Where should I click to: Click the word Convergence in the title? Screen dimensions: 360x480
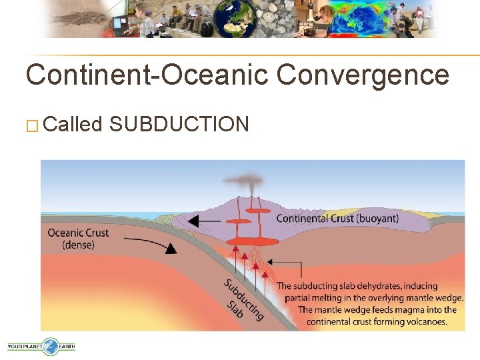[363, 75]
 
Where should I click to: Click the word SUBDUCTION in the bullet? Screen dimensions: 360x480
[179, 124]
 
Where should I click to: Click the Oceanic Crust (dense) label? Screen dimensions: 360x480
[78, 239]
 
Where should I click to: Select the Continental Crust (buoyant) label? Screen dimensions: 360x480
[337, 218]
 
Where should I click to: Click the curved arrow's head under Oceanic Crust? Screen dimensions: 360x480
[171, 249]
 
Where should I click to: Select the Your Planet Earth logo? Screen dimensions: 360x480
[41, 346]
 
